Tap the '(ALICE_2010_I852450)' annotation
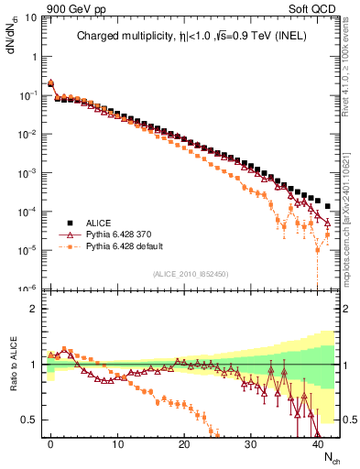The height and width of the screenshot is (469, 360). pyautogui.click(x=191, y=273)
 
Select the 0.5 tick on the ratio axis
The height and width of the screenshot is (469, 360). pyautogui.click(x=29, y=420)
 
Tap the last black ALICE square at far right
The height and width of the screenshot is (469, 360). pyautogui.click(x=327, y=206)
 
